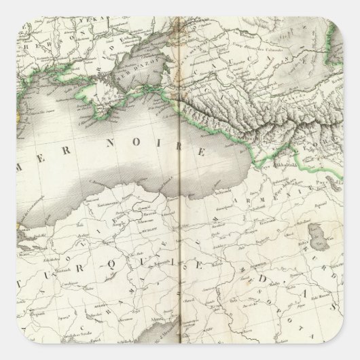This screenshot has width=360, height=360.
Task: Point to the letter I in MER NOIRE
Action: click(162, 144)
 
